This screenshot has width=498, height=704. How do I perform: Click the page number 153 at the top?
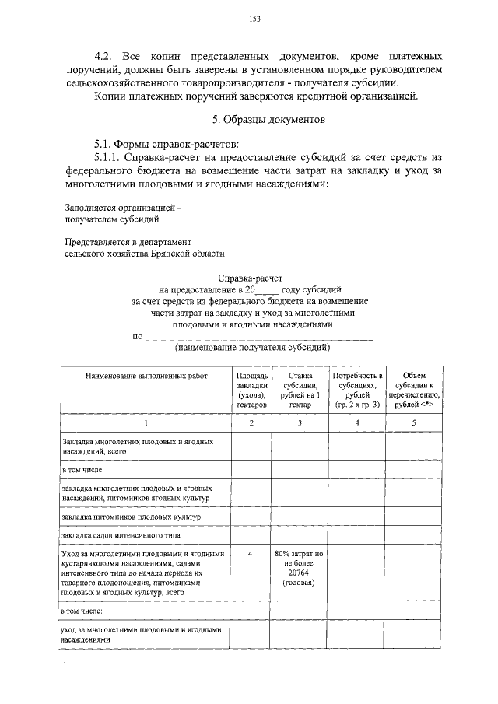tap(254, 19)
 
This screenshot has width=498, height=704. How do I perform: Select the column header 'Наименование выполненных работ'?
tap(147, 376)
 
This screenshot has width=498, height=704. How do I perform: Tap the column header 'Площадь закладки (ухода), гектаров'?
tap(251, 390)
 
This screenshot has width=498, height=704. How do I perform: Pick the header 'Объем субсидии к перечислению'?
tap(414, 390)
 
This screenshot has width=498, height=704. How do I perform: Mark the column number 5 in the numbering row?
tap(414, 423)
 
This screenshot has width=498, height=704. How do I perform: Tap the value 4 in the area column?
tap(250, 553)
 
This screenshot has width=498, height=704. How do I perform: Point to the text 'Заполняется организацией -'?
tap(122, 208)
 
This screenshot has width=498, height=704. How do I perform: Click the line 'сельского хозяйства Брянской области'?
tap(145, 253)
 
